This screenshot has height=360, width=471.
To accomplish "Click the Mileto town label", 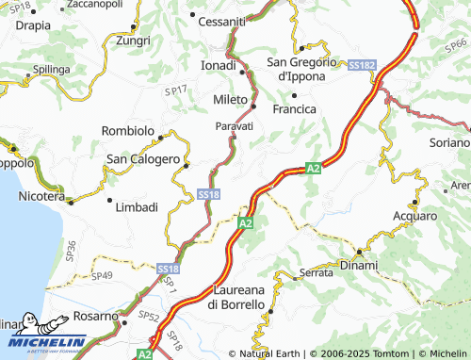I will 229,99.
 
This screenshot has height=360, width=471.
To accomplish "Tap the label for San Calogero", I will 141,159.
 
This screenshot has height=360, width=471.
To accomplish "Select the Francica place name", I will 295,109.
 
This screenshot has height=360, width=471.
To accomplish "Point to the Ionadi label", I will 219,66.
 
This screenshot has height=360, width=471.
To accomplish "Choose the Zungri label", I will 132,41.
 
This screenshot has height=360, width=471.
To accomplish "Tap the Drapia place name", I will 33,25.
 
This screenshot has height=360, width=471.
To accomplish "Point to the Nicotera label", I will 41,198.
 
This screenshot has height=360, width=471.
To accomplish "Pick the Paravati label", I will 234,125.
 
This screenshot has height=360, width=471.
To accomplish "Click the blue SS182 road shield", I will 362,65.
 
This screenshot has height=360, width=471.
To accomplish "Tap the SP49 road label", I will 101,275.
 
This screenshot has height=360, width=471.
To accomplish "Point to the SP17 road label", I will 175,91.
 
